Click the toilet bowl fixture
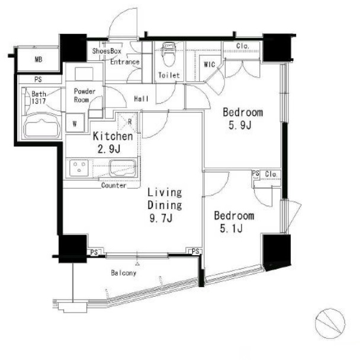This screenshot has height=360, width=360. point(169,54)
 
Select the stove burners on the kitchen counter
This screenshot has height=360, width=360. point(79,168)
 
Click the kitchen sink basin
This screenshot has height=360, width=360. point(123,168)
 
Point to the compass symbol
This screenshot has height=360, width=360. point(330,323)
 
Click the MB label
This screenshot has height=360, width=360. point(38,59)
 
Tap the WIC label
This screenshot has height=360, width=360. point(210,65)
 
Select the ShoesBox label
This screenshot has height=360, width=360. point(107,51)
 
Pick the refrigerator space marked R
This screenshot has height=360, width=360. point(128,122)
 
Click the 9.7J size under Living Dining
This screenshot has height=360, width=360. point(160,218)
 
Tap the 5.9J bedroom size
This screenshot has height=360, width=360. point(240,125)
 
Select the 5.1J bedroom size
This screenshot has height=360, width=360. point(231,229)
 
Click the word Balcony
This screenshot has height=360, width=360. point(124,273)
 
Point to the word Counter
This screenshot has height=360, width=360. point(114,185)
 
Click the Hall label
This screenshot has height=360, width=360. point(141,99)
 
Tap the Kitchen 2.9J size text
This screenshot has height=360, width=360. point(109,149)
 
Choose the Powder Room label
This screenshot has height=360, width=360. point(84,95)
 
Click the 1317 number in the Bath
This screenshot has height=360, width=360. point(38,101)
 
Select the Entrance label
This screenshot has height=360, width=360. point(125,62)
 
